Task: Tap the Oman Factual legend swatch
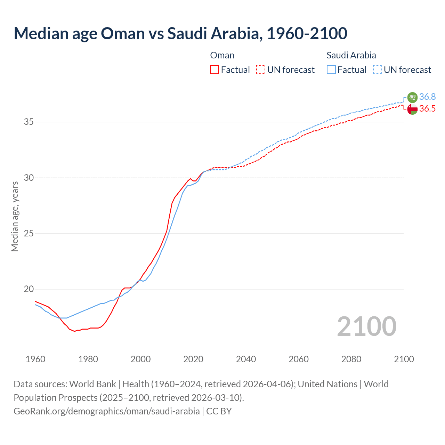point(215,70)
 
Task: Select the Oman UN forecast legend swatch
point(261,70)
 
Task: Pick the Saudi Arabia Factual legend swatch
point(331,70)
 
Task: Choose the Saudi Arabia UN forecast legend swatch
point(377,70)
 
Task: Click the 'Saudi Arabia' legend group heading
point(351,55)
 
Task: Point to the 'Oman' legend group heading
point(222,55)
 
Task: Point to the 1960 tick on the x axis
point(35,359)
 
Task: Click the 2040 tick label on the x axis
point(246,359)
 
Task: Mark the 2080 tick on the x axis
point(351,359)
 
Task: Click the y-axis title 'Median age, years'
point(15,216)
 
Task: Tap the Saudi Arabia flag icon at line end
point(412,97)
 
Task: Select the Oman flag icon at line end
point(412,109)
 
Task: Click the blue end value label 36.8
point(427,97)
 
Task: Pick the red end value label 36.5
point(427,109)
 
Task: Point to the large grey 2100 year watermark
point(366,326)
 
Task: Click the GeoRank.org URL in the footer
point(107,411)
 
